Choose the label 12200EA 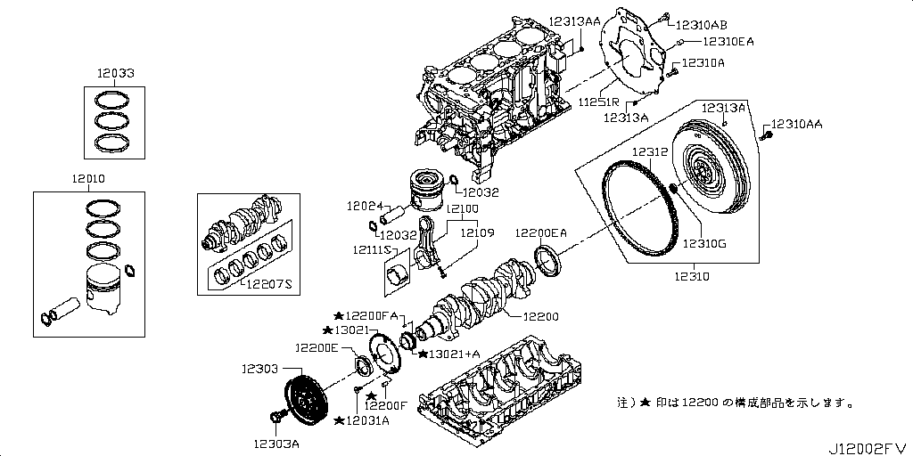(x=541, y=232)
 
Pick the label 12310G (x=704, y=242)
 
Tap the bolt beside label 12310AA (x=764, y=136)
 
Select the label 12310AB (x=701, y=25)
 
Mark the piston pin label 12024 (x=364, y=206)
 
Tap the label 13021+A (x=453, y=354)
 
